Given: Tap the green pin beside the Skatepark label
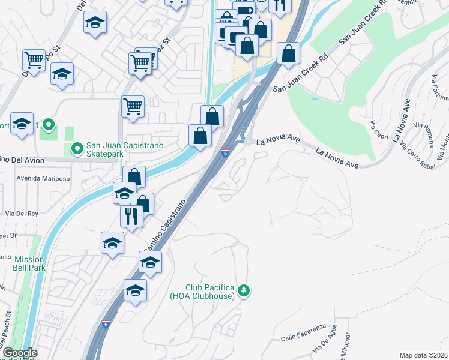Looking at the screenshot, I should point(77,148).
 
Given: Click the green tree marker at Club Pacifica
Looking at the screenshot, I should point(243,291).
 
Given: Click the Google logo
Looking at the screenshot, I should point(19,353).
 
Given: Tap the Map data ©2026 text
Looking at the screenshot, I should point(423,355).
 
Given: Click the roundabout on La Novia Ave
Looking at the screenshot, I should point(247,142).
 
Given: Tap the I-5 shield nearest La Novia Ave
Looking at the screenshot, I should point(225,153).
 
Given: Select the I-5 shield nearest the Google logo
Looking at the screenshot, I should point(106,323).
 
